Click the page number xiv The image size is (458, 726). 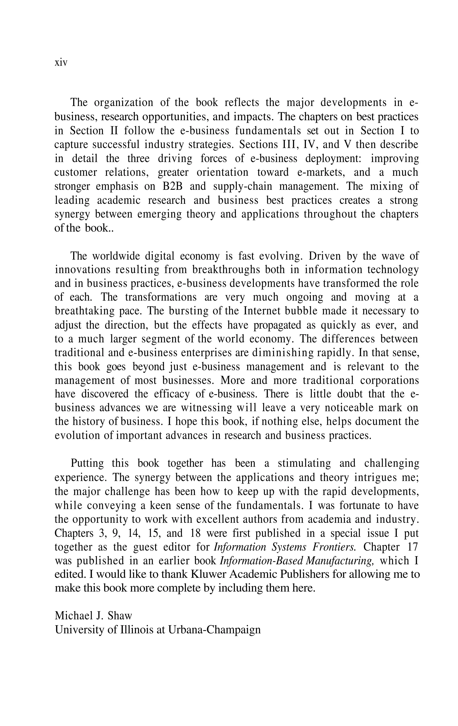coord(61,63)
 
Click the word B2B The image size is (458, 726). coord(173,186)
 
